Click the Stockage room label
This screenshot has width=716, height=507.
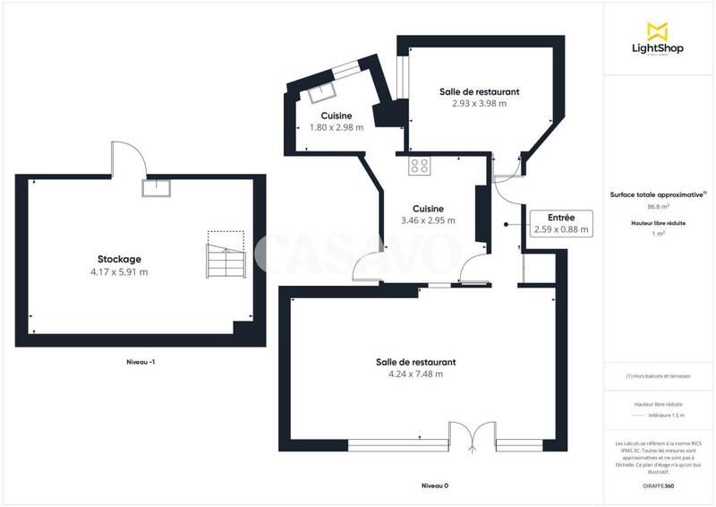coord(119,259)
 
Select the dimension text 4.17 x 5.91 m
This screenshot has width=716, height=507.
coord(119,271)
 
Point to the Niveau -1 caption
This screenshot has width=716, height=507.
coord(142,362)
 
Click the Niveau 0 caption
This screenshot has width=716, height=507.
coord(434,486)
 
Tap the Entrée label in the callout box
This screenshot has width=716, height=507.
coord(561,218)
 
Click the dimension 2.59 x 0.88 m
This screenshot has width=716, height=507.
coord(561,229)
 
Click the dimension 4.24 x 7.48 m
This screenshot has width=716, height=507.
coord(415,374)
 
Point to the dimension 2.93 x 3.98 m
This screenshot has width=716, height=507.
coord(479,103)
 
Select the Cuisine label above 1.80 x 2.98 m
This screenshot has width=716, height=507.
coord(336,116)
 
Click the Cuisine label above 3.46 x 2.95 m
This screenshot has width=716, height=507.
coord(428,208)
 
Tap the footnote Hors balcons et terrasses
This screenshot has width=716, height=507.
coord(659,376)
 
